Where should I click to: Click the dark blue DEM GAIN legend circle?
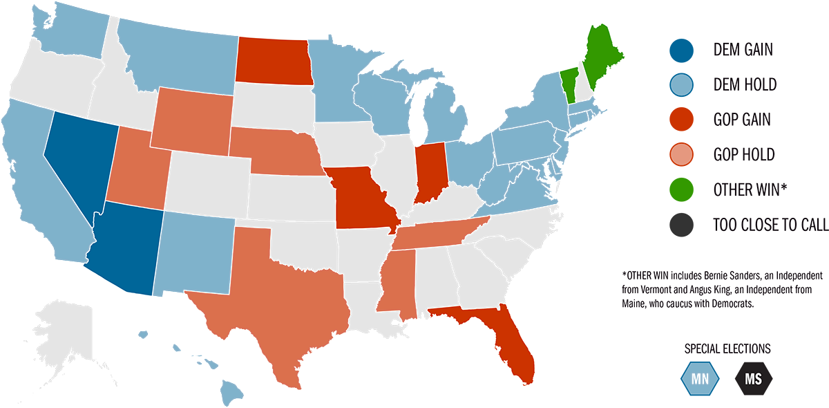(680, 50)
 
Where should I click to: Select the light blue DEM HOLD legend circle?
(680, 85)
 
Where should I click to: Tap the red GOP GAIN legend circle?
(680, 120)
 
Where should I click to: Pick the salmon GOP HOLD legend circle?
(680, 155)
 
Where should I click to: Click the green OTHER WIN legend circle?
(680, 189)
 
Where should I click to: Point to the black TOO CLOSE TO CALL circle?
(680, 225)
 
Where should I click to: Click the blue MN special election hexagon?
(700, 378)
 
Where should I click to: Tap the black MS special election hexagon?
(754, 378)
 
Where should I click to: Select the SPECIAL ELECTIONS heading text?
(727, 349)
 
